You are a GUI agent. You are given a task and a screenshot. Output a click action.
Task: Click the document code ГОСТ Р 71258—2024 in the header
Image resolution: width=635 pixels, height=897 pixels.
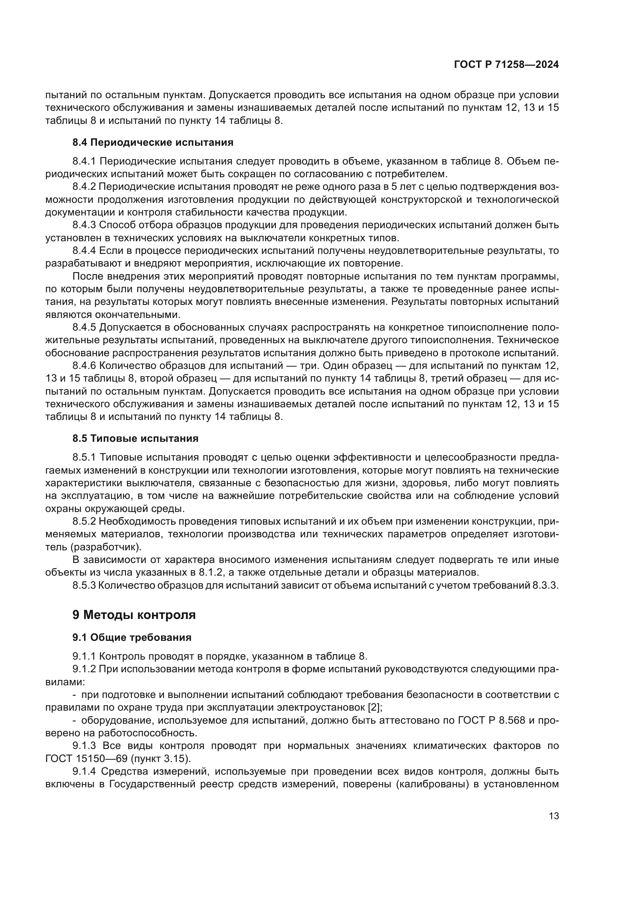[506, 65]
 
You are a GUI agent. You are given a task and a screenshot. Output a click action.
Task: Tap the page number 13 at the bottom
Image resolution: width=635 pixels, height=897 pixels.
[554, 816]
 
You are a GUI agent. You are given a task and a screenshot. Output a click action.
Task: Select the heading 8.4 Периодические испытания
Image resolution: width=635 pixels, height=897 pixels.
[153, 142]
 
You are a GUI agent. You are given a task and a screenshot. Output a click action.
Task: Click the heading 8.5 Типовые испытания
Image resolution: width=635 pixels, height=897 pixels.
[135, 438]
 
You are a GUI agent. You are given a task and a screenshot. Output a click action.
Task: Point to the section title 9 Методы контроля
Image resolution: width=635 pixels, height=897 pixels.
[134, 615]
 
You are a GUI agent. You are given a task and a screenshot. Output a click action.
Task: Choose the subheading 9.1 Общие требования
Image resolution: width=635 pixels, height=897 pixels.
[132, 638]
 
